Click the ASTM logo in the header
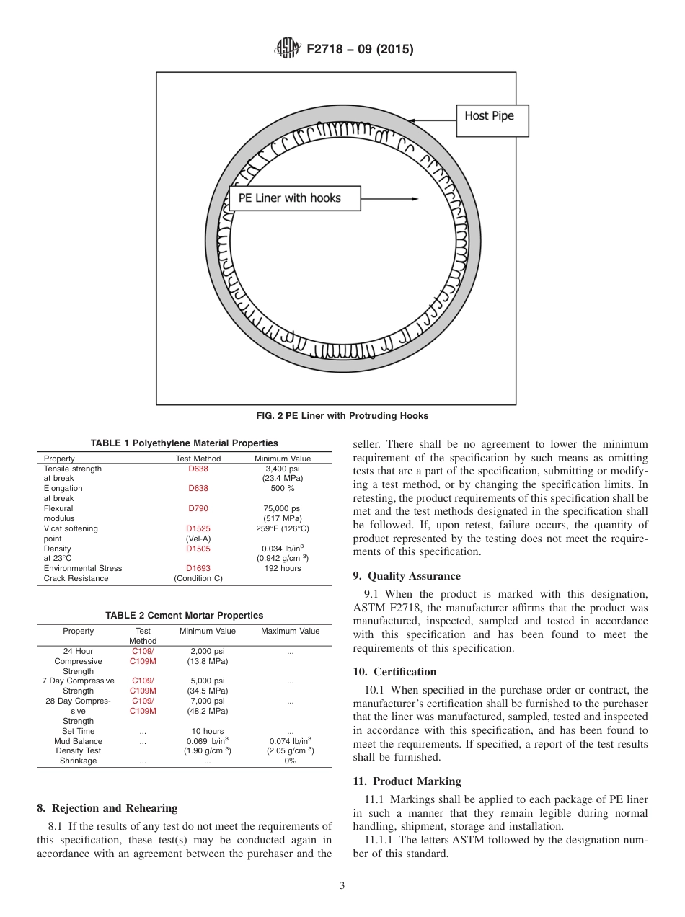click(x=288, y=49)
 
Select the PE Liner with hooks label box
click(x=294, y=198)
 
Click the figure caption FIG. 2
click(x=342, y=416)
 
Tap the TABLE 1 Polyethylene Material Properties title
click(x=184, y=443)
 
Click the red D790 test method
click(x=198, y=508)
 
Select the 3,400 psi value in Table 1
click(x=283, y=469)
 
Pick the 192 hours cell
click(x=283, y=568)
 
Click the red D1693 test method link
click(x=198, y=568)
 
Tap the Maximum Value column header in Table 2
click(x=290, y=631)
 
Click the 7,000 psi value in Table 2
click(x=207, y=701)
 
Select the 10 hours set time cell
click(x=207, y=731)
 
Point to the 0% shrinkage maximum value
click(x=290, y=761)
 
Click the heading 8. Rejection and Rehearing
click(x=107, y=808)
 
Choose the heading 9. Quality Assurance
click(x=407, y=576)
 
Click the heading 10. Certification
click(x=394, y=672)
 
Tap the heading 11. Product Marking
click(x=407, y=781)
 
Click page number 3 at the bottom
click(x=342, y=886)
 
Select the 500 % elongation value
click(x=283, y=488)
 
